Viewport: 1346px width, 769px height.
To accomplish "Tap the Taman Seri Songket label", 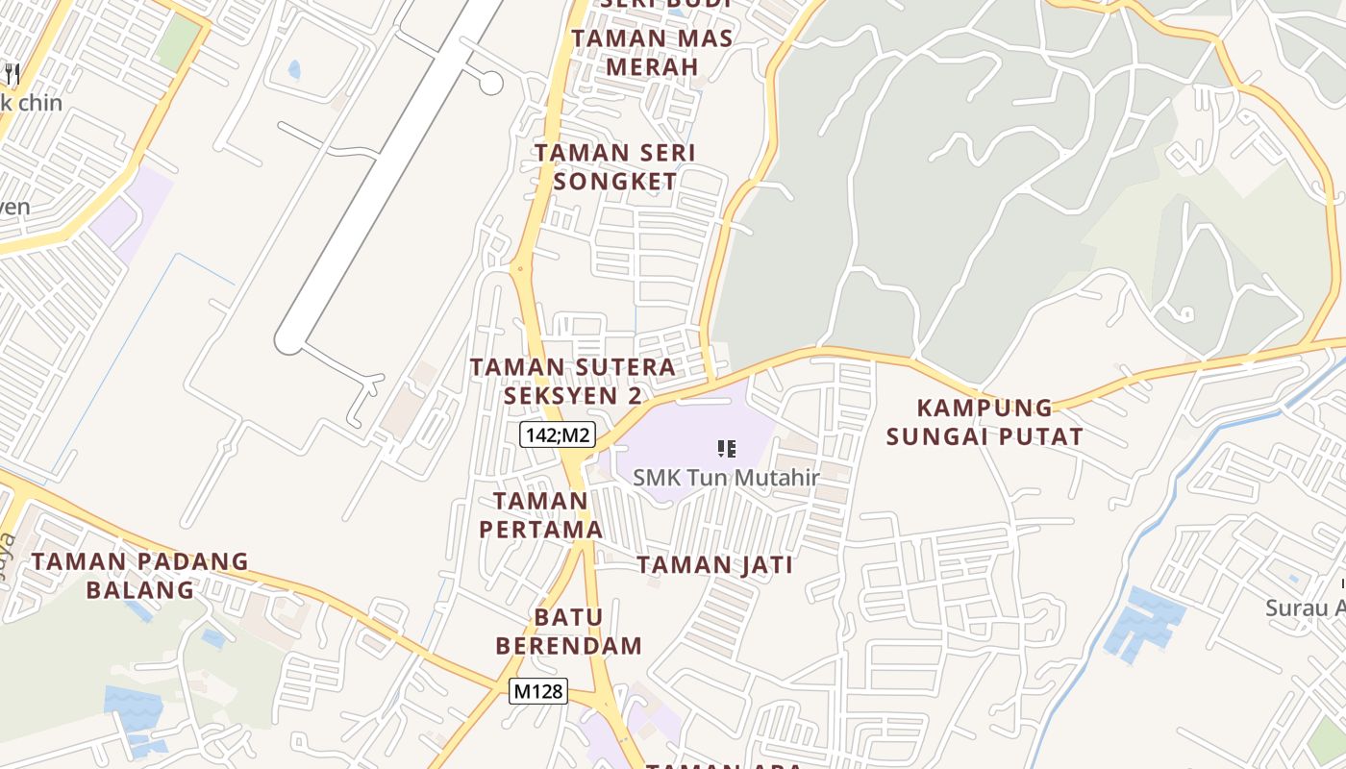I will click(615, 166).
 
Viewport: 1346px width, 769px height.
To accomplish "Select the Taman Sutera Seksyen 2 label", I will click(573, 381).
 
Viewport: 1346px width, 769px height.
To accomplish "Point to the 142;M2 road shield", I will click(558, 435).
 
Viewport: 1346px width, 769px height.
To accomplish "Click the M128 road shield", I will click(538, 691).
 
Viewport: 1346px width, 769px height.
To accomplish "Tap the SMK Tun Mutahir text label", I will click(726, 478).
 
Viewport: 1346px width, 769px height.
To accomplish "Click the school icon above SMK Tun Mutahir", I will click(727, 448).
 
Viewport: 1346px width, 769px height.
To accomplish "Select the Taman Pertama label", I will click(540, 514).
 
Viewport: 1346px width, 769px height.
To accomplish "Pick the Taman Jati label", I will click(715, 565).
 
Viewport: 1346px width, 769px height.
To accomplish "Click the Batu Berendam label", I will click(569, 631).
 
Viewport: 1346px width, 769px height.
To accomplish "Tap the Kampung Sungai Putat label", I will click(985, 422).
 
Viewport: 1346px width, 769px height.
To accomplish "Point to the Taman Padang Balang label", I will click(140, 575).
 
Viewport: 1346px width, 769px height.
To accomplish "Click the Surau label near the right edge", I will click(1306, 608).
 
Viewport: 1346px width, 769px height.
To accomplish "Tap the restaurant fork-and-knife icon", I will click(12, 73).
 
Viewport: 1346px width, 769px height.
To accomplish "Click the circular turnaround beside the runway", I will click(491, 83).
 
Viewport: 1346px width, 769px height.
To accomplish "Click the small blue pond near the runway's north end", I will click(293, 69).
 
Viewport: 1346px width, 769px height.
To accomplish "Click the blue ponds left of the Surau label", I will click(1144, 620).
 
